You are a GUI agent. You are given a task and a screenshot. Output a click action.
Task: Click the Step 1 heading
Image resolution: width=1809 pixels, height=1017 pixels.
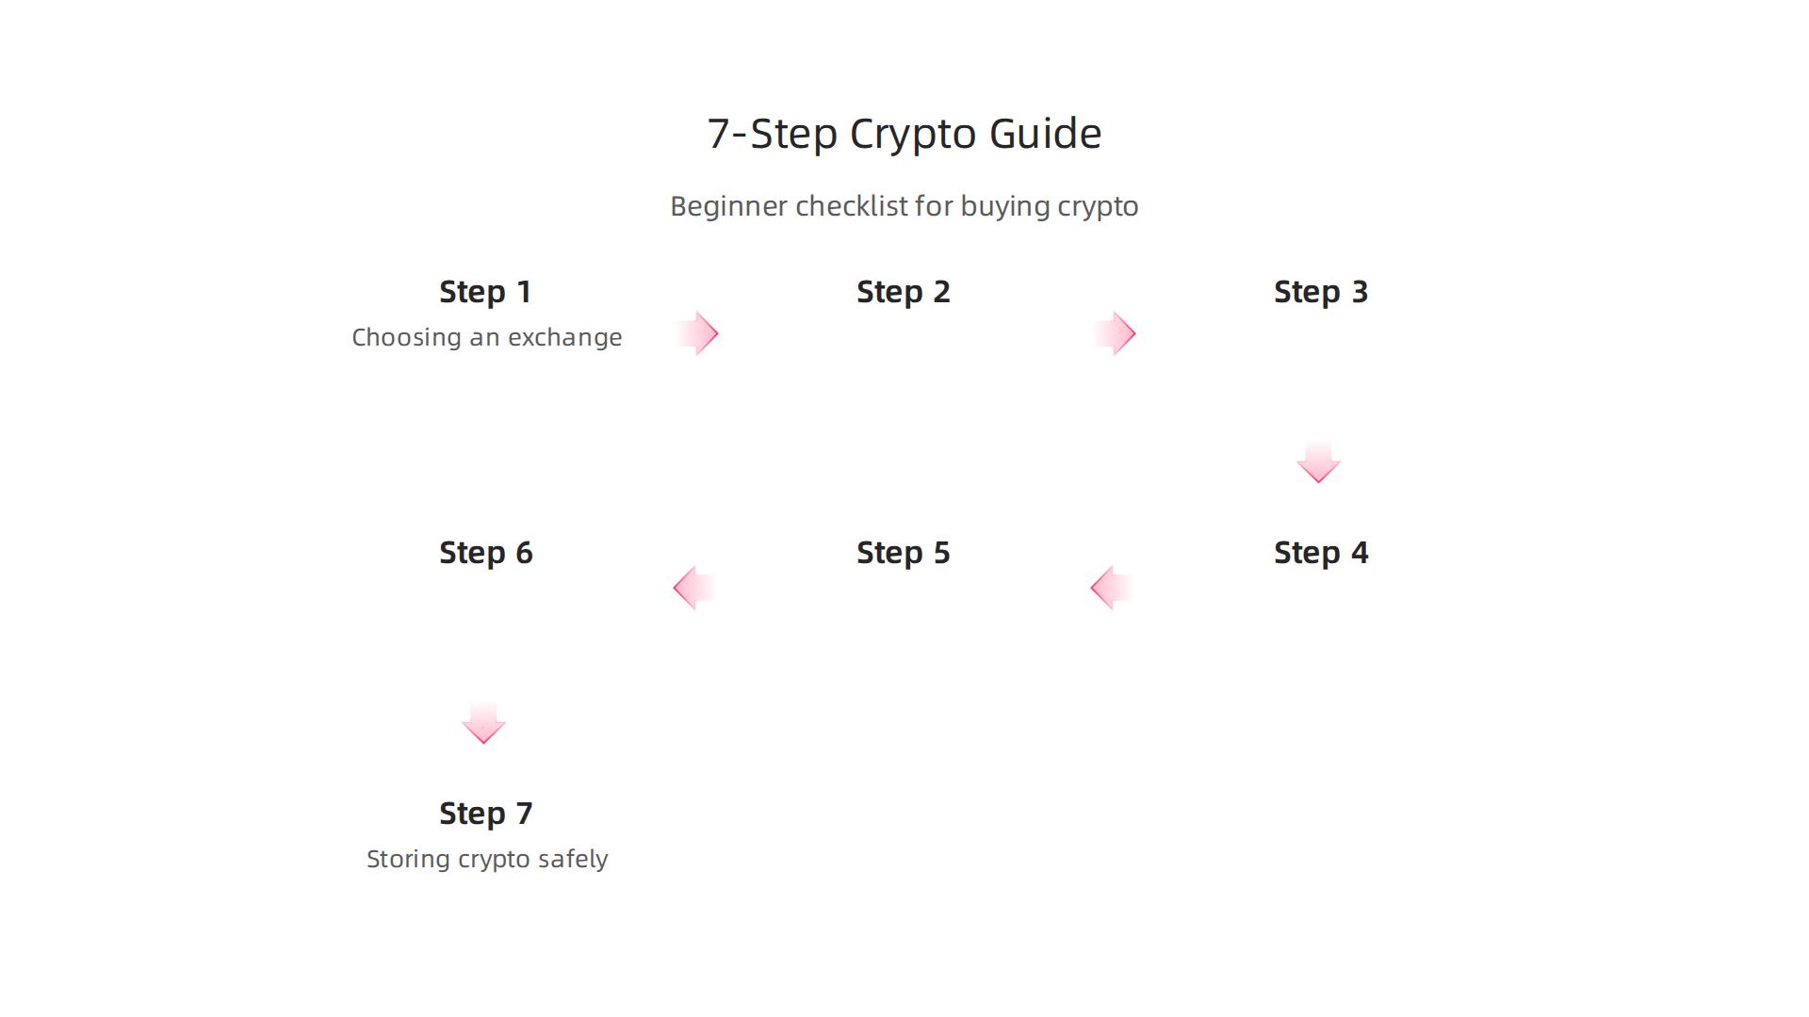click(x=485, y=292)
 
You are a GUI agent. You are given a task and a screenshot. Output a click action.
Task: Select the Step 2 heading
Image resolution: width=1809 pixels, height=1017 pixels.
click(x=903, y=292)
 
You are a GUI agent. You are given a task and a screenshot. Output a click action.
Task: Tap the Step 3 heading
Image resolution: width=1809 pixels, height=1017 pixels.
click(x=1320, y=292)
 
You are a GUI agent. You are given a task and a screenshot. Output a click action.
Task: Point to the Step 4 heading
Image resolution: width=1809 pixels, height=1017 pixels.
click(x=1320, y=553)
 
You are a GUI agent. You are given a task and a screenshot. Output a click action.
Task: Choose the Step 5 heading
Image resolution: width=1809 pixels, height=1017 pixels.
click(x=903, y=553)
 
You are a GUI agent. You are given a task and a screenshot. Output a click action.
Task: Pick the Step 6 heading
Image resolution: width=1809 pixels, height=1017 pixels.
click(x=485, y=553)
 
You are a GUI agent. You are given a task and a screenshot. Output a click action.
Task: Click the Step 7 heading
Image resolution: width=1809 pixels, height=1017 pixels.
click(x=485, y=814)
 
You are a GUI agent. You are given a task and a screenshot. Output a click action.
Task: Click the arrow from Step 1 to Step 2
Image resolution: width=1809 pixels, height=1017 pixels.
click(x=698, y=333)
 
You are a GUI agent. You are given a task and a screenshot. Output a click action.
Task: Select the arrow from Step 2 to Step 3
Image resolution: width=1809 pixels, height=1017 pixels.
click(x=1116, y=333)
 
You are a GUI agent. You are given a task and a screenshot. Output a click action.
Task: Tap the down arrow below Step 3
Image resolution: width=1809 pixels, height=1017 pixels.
click(x=1318, y=462)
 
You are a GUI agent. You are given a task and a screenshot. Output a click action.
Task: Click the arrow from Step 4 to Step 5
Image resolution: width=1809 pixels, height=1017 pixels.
click(x=1111, y=588)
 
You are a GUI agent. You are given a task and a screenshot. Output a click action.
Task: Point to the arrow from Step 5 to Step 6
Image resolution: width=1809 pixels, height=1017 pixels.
click(x=693, y=588)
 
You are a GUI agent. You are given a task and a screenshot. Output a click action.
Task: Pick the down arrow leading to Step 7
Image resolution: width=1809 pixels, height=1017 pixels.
click(x=483, y=723)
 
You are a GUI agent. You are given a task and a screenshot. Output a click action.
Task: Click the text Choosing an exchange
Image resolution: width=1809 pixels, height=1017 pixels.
click(x=486, y=337)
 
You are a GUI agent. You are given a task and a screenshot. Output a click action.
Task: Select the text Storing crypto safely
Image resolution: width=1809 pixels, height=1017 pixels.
click(x=486, y=859)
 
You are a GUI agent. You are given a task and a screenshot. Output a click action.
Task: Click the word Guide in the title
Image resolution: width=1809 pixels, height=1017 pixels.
click(x=1045, y=134)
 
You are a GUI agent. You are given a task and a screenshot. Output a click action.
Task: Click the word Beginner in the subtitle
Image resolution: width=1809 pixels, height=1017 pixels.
click(x=728, y=206)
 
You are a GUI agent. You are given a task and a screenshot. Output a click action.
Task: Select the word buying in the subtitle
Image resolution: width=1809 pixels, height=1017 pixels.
click(x=1004, y=206)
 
